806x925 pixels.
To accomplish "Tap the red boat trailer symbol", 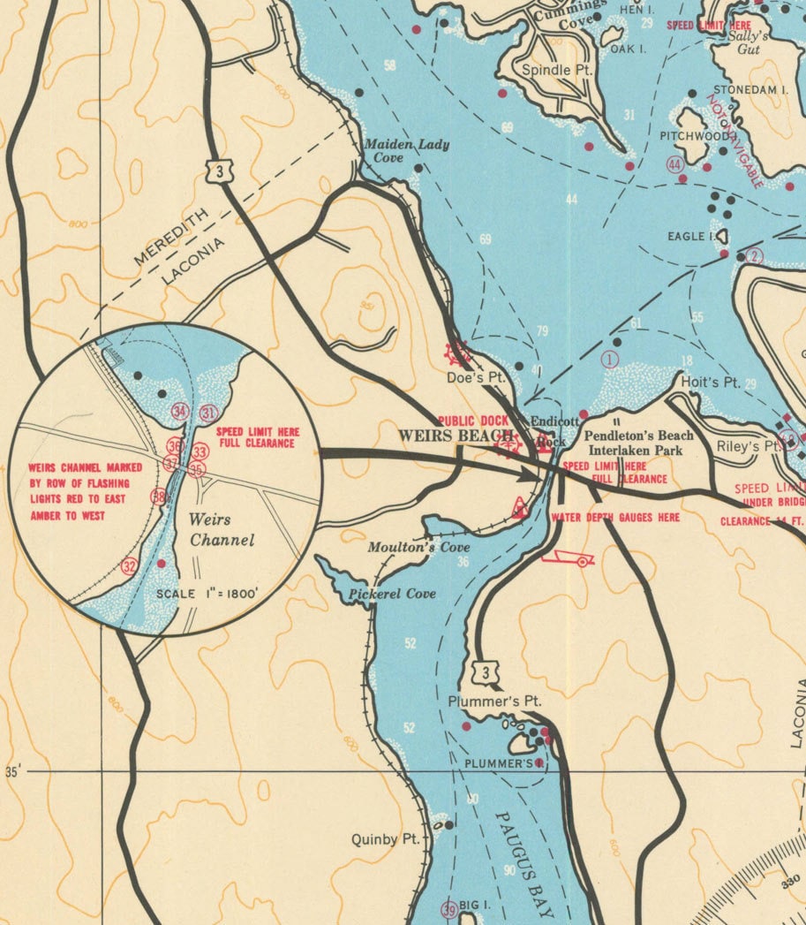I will point(568,558).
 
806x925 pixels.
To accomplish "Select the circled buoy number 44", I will point(676,164).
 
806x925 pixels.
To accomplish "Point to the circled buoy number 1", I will point(608,359).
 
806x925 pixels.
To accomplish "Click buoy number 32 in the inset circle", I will point(130,566).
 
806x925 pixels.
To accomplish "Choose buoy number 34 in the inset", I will point(180,411).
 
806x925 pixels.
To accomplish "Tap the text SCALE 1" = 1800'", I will point(207,594).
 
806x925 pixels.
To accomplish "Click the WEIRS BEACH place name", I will point(456,436).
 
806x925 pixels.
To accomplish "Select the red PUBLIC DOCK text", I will point(473,421).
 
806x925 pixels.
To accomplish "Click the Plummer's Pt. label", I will point(494,701).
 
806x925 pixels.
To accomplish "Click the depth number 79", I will point(542,331).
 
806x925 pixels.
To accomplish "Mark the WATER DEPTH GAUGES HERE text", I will point(614,517).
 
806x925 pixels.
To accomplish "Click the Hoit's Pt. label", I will point(710,381).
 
